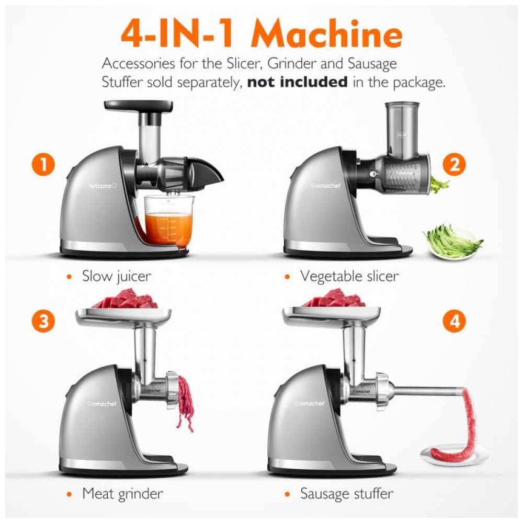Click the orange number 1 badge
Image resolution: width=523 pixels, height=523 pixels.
click(x=43, y=164)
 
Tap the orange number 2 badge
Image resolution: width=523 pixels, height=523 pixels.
click(x=454, y=164)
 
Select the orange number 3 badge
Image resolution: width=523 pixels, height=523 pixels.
click(x=43, y=321)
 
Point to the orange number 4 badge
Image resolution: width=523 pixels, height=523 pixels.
click(x=454, y=321)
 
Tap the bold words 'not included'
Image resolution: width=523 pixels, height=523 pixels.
click(x=297, y=82)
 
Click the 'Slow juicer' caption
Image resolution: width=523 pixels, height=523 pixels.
click(x=117, y=277)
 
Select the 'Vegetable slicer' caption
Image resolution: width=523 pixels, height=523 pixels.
click(x=349, y=277)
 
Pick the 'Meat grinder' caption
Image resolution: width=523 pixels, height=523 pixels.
click(x=123, y=494)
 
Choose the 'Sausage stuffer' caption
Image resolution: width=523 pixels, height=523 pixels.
click(x=347, y=494)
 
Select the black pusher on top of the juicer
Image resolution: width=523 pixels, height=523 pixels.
click(x=139, y=107)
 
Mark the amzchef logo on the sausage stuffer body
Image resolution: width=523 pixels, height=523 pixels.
click(x=310, y=404)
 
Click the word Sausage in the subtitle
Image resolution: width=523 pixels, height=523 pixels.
click(x=372, y=64)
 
